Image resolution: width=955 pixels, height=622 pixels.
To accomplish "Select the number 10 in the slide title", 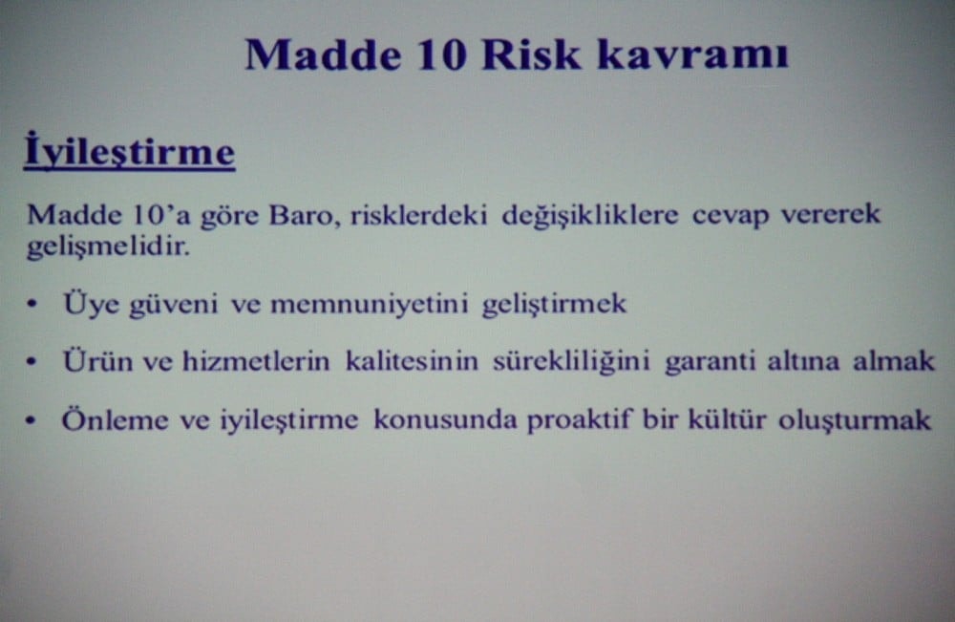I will tap(439, 54).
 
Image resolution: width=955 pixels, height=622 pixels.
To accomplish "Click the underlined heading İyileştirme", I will tap(129, 154).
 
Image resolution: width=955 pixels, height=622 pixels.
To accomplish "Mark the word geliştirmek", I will tap(554, 306).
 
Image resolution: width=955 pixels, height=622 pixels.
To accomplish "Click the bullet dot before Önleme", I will tap(33, 421).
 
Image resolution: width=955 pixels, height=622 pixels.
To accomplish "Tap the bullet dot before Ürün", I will tap(33, 363).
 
